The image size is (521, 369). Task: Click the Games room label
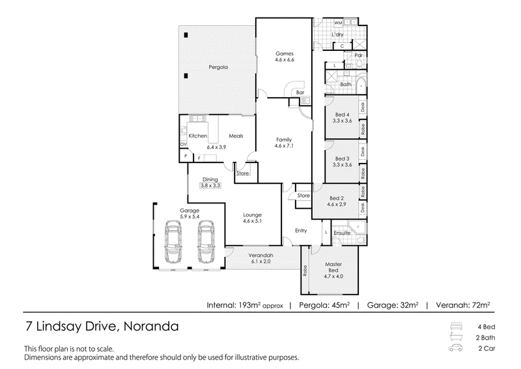point(285,53)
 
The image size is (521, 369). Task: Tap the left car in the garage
point(173,242)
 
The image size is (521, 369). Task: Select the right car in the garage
point(206,242)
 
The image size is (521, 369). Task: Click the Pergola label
point(218,67)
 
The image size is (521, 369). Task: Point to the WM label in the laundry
point(338,23)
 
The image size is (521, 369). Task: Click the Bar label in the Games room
point(300,93)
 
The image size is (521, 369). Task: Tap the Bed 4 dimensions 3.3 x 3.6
point(343,121)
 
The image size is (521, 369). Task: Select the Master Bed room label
point(333,267)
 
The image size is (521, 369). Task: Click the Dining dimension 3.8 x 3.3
point(210,186)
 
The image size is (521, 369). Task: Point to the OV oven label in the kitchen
point(184,144)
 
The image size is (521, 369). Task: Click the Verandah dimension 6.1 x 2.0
point(261,261)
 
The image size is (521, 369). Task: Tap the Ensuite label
point(342,233)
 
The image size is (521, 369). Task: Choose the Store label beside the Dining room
point(242,173)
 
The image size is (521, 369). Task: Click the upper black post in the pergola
point(186,35)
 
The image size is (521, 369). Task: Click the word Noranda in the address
point(151,327)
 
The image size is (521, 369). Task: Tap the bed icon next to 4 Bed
point(456,326)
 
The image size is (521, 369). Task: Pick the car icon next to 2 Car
point(456,348)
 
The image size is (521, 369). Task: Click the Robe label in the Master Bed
point(305,271)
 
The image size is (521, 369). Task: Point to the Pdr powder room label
point(359,55)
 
